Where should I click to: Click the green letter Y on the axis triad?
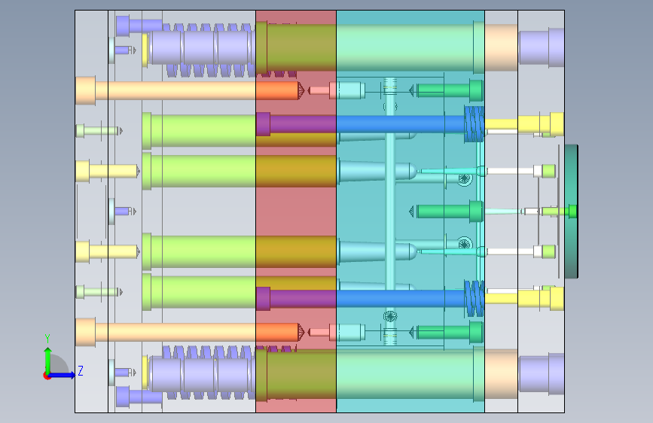click(x=47, y=338)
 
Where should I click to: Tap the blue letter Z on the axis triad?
click(x=81, y=370)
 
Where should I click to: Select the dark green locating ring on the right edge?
click(x=572, y=211)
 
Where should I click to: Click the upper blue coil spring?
click(x=474, y=123)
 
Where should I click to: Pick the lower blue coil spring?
click(x=474, y=299)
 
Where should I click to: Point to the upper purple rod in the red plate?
click(x=296, y=124)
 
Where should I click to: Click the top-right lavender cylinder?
click(x=542, y=47)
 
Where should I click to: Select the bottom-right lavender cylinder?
click(x=542, y=373)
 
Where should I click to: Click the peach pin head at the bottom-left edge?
click(x=85, y=332)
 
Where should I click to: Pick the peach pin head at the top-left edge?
click(x=85, y=90)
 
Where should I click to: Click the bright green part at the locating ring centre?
click(x=572, y=211)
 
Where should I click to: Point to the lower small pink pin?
click(x=320, y=332)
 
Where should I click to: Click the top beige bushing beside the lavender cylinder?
click(x=502, y=47)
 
